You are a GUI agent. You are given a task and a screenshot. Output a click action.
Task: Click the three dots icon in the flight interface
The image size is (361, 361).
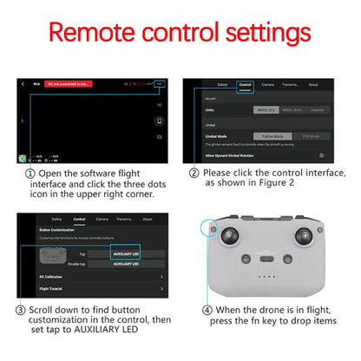159,84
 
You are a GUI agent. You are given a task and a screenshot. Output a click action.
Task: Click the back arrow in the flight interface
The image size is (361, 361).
23,84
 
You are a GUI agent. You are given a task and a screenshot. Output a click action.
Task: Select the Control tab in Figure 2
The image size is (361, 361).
244,84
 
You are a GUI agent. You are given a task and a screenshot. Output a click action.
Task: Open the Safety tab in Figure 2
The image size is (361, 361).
222,84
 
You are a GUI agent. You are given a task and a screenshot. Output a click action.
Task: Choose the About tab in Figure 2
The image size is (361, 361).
312,84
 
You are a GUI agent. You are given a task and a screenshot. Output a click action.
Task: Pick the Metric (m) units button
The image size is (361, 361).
265,109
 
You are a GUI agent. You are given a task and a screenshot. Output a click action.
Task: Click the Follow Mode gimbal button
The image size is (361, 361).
273,136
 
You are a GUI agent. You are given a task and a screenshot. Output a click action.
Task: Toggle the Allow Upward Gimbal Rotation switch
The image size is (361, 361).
322,154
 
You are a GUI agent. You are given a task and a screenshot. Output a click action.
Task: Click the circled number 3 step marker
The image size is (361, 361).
20,310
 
